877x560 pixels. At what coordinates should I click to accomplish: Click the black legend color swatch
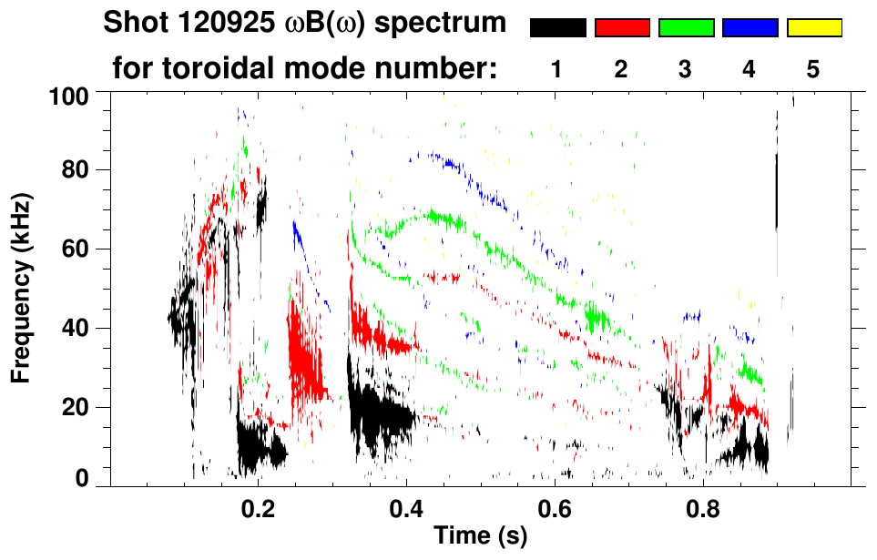click(x=558, y=28)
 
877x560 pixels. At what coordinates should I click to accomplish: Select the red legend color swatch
click(x=622, y=28)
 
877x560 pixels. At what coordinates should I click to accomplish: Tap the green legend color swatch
click(x=686, y=28)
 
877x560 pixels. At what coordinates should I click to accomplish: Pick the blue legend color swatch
click(x=750, y=28)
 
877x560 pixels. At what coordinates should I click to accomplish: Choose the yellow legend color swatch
click(x=813, y=28)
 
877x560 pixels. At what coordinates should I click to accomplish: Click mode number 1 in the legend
click(x=556, y=70)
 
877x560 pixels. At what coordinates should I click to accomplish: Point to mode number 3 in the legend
click(x=685, y=70)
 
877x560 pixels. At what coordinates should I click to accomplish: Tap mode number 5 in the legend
click(x=812, y=70)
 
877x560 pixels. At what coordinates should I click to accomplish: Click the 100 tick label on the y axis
click(x=67, y=94)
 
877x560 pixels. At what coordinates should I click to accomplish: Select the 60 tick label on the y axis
click(x=73, y=249)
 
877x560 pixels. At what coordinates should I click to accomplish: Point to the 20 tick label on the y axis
click(x=73, y=407)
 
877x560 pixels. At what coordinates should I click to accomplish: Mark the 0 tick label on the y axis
click(x=80, y=478)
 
